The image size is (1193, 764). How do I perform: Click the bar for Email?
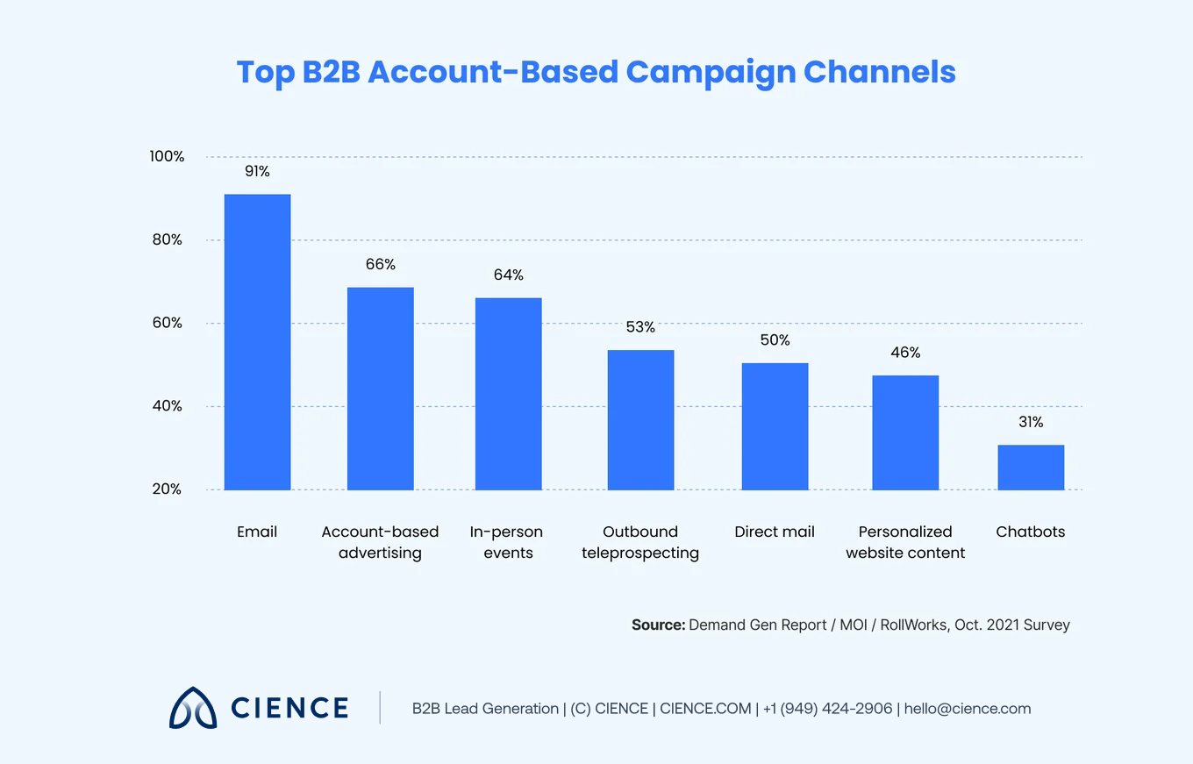pyautogui.click(x=257, y=342)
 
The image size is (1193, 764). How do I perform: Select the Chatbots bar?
pyautogui.click(x=1031, y=468)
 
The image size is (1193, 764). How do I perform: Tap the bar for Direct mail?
pyautogui.click(x=775, y=426)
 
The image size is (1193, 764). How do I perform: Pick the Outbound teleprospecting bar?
pyautogui.click(x=640, y=420)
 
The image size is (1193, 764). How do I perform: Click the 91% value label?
pyautogui.click(x=257, y=172)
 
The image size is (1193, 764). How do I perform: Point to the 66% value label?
pyautogui.click(x=381, y=264)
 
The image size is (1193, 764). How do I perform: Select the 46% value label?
pyautogui.click(x=905, y=353)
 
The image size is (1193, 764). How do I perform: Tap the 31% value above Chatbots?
pyautogui.click(x=1031, y=422)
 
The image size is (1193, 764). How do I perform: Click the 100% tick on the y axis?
pyautogui.click(x=166, y=157)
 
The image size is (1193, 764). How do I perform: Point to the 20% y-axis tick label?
pyautogui.click(x=166, y=489)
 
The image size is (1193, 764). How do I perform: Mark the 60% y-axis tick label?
pyautogui.click(x=166, y=323)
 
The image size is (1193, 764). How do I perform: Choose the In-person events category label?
pyautogui.click(x=507, y=542)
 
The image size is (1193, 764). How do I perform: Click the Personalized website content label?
pyautogui.click(x=905, y=542)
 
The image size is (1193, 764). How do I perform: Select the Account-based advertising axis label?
pyautogui.click(x=380, y=542)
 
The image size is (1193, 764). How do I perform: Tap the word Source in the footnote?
pyautogui.click(x=656, y=625)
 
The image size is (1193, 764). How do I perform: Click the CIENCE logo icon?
pyautogui.click(x=193, y=708)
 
